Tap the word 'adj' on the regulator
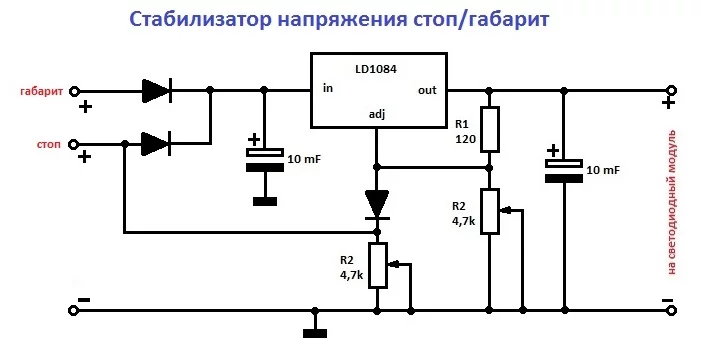(377, 115)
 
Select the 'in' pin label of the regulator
(328, 88)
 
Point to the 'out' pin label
(427, 90)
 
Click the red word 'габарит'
(41, 91)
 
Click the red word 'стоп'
(49, 145)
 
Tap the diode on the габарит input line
(156, 91)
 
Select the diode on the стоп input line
(156, 144)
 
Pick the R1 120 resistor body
(490, 129)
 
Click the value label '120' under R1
(466, 139)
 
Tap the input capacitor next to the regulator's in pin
(265, 160)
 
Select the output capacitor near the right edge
(564, 171)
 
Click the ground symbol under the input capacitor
(265, 201)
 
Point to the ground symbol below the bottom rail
(315, 333)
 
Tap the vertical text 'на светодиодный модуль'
(672, 202)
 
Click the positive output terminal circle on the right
(672, 91)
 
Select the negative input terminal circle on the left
(72, 310)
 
